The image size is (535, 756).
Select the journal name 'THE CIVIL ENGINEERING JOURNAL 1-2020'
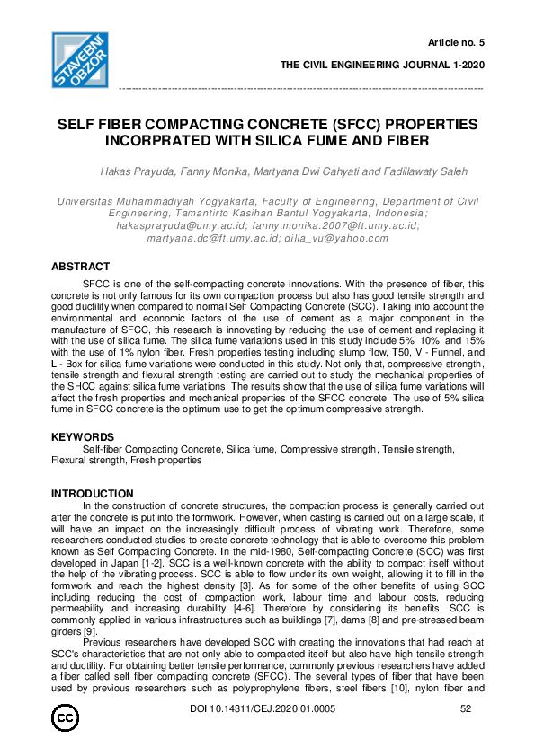pos(382,66)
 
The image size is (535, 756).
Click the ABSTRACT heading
pos(80,267)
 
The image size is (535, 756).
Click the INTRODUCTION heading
pos(92,494)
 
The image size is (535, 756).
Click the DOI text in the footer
pos(262,710)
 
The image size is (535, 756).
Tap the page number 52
pos(465,710)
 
